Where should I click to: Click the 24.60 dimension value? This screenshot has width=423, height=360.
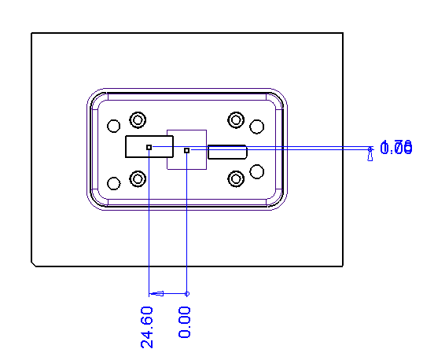(148, 326)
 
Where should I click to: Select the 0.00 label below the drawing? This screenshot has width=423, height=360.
(185, 322)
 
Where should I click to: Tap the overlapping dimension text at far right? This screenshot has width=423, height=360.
(396, 148)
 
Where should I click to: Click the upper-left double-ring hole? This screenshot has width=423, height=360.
(138, 119)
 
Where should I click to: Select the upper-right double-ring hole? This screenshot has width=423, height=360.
(236, 119)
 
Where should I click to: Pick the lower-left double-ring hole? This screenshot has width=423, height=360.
(138, 178)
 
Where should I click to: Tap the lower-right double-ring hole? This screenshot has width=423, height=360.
(236, 178)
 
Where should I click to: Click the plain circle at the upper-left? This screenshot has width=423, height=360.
(114, 126)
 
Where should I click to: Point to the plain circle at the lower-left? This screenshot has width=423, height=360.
(114, 184)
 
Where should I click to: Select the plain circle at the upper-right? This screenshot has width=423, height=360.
(256, 126)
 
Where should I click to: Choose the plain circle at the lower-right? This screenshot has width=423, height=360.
(256, 171)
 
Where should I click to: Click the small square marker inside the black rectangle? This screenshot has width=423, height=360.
(149, 147)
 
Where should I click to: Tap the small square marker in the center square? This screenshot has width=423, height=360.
(186, 150)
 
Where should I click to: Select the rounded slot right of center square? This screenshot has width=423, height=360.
(227, 152)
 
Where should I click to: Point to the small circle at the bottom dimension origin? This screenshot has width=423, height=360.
(186, 293)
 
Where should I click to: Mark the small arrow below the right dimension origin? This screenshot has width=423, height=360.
(370, 158)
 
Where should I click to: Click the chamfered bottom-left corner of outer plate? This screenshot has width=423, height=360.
(33, 264)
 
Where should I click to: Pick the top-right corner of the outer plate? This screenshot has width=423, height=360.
(343, 33)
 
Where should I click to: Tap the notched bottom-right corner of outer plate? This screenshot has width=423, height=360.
(342, 264)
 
